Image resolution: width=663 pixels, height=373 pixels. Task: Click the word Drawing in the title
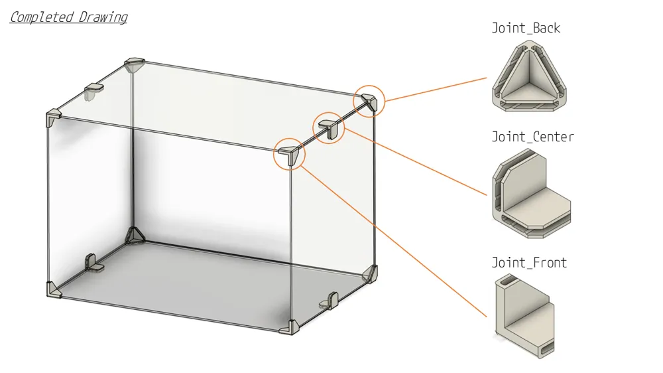click(103, 18)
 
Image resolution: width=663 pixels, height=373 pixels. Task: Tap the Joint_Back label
click(526, 28)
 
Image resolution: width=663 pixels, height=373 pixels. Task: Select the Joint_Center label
click(533, 137)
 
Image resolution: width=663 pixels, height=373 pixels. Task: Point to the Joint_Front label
click(529, 263)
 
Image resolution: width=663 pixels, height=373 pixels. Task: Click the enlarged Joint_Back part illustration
click(529, 76)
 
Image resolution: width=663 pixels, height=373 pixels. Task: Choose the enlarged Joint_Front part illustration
click(524, 317)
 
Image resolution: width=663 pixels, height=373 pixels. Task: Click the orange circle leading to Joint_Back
click(369, 85)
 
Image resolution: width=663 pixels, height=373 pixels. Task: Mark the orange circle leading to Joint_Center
click(329, 112)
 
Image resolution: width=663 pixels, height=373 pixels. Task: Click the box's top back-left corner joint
click(135, 65)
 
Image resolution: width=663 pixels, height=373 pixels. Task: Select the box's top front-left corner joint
click(53, 117)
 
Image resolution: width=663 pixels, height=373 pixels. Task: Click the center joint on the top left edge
click(93, 90)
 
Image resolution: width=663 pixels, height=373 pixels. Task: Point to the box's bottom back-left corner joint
click(135, 236)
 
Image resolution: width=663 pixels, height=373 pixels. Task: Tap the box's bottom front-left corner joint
click(54, 290)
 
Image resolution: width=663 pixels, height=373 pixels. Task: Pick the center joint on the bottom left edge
click(94, 263)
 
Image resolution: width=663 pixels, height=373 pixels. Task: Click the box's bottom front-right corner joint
click(289, 327)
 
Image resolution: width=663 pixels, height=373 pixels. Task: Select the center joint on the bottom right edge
click(330, 300)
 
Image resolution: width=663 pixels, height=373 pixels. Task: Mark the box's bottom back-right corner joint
click(369, 273)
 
